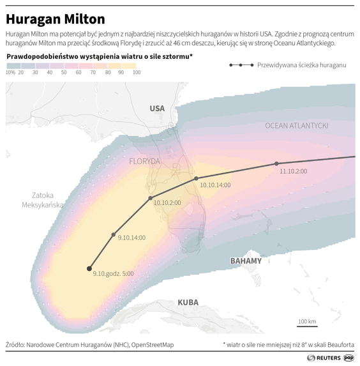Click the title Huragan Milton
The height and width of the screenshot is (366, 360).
[x=56, y=19]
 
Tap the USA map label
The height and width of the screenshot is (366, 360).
[x=157, y=109]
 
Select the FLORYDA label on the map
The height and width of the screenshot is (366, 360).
[x=144, y=161]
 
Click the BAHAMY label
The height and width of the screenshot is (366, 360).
[x=246, y=261]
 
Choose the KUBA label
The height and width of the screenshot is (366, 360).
[x=188, y=302]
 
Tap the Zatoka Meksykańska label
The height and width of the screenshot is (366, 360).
[x=43, y=200]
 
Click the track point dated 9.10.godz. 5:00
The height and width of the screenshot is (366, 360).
[x=89, y=268]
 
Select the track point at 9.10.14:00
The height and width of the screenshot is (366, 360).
[x=114, y=236]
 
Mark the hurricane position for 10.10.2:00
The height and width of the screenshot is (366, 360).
[x=151, y=199]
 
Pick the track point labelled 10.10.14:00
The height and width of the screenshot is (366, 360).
[x=196, y=178]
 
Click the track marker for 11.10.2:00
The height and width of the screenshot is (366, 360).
[x=276, y=164]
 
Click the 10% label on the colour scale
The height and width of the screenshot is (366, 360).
[x=10, y=73]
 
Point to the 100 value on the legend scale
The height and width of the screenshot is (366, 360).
[x=136, y=73]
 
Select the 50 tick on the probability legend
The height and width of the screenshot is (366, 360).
[x=64, y=73]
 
